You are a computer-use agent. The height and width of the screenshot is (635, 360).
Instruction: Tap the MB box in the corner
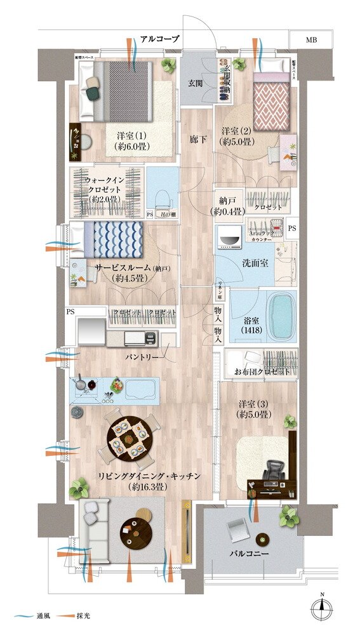pyautogui.click(x=310, y=40)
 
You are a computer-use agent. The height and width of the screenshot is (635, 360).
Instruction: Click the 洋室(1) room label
pyautogui.click(x=131, y=142)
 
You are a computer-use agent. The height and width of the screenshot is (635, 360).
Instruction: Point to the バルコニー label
pyautogui.click(x=250, y=553)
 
